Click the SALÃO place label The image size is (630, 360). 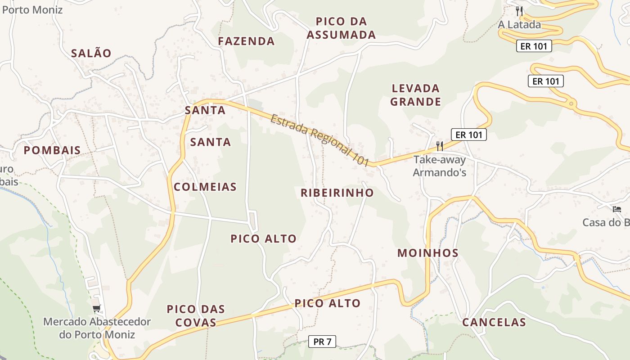tap(91, 53)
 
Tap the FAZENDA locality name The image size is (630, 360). tap(246, 41)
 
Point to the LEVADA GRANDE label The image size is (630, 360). tap(415, 95)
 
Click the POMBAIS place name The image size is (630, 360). tap(52, 150)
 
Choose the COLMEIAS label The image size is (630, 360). tap(205, 187)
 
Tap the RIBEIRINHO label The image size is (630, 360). tap(337, 193)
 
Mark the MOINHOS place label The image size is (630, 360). tap(428, 253)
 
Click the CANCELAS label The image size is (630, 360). tap(494, 322)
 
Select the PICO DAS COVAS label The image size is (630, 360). tap(196, 315)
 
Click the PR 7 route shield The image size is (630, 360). tap(322, 342)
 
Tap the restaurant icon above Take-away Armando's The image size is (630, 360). tap(440, 146)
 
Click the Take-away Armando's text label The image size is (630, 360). tap(440, 166)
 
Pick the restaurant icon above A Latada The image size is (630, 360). tap(520, 11)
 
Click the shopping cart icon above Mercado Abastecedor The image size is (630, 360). tap(96, 309)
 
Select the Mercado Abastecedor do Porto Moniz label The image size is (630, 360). tap(97, 328)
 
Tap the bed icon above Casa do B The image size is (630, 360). tap(616, 209)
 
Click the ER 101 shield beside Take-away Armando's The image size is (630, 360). tap(469, 135)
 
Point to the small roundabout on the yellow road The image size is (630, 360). tap(571, 104)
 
